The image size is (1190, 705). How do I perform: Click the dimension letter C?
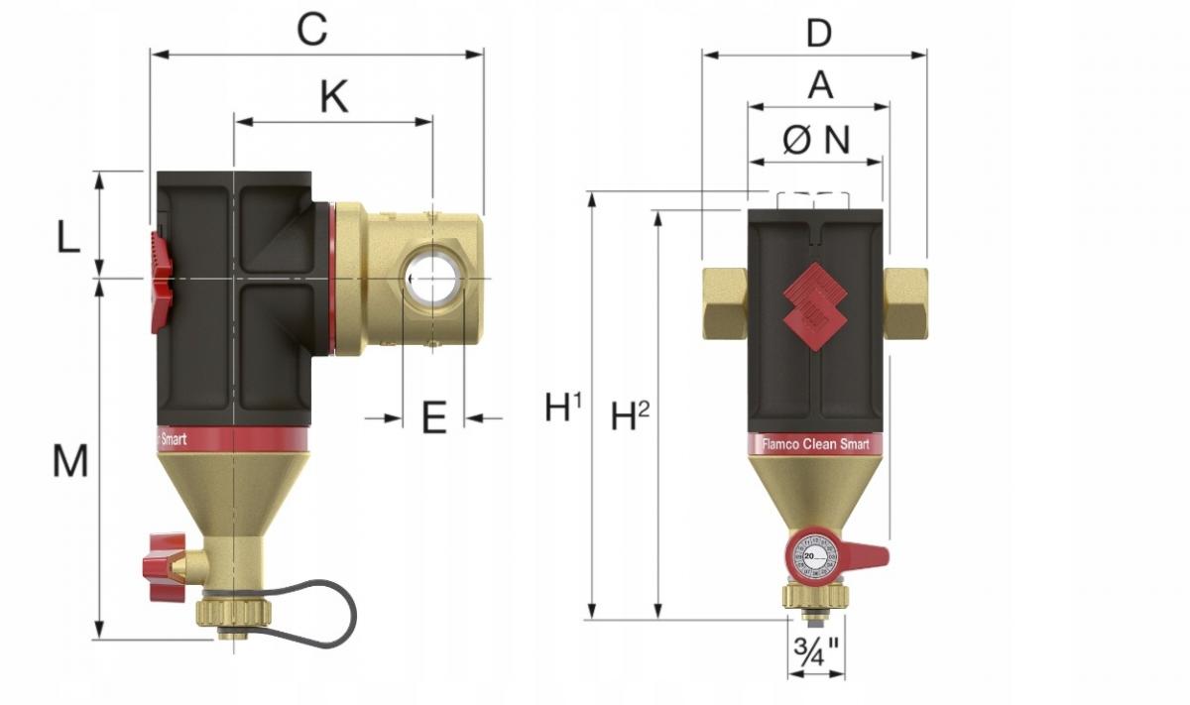coord(311,30)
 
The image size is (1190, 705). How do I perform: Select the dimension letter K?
coord(334,97)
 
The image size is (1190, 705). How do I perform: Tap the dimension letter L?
coord(66,238)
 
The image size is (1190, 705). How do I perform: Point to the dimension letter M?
coord(69,461)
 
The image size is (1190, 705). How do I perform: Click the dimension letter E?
coord(433,418)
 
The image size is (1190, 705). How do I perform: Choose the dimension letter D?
coord(818,33)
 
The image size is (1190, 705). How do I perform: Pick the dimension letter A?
coord(820,85)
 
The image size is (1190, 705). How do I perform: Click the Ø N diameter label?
coord(816,140)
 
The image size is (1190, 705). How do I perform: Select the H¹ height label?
coord(562,408)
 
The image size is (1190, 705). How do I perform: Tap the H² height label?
coord(630,416)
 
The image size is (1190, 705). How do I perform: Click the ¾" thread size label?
coord(816,652)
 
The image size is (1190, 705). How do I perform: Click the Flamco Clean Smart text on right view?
coord(814,444)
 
